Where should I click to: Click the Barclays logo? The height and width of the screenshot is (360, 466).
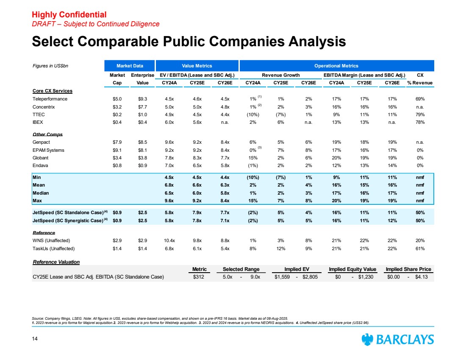coord(397,340)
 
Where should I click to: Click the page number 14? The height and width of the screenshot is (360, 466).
coord(36,339)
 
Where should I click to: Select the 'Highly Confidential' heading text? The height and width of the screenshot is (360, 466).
coord(69,16)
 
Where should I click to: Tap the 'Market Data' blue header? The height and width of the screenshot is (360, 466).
coord(130,66)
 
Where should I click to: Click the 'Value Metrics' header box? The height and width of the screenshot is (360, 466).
coord(197,66)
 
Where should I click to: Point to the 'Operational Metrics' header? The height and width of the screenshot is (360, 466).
coord(337,66)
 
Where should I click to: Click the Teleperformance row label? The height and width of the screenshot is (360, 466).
coord(50,99)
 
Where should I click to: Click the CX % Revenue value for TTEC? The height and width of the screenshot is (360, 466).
coord(420,114)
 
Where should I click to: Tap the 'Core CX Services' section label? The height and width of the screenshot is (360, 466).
coord(52,91)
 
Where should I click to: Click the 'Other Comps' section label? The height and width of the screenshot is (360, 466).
coord(47,134)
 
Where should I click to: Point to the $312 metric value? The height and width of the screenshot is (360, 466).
coord(199,277)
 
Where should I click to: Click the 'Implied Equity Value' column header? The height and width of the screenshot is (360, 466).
coord(352,269)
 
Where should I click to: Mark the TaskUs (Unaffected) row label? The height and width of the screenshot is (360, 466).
coord(54,248)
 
